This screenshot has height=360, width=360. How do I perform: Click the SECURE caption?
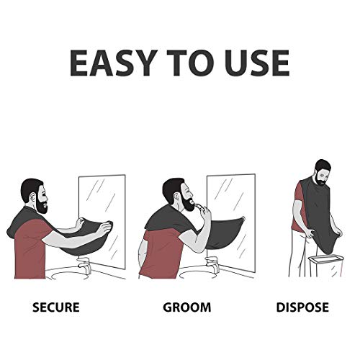click(56, 307)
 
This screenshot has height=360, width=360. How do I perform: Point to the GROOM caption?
click(186, 307)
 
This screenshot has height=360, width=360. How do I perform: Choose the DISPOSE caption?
click(302, 307)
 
